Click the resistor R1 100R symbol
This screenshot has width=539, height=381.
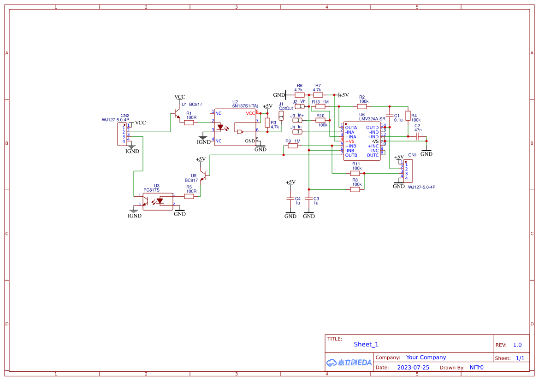pos(189,123)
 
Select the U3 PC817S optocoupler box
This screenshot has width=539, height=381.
pos(158,201)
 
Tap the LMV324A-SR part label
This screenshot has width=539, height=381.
pos(372,119)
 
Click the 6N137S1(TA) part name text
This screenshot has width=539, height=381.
pos(245,106)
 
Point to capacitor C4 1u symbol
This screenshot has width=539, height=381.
pos(290,199)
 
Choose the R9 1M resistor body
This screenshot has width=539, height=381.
pos(293,146)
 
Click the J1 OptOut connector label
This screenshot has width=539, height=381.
pos(286,108)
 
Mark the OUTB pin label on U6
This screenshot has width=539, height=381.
pos(351,155)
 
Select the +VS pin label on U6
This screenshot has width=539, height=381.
pos(350,141)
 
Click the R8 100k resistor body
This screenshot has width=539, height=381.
pos(355,189)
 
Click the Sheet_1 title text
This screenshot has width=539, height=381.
pos(366,344)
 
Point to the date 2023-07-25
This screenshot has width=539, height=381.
pos(413,368)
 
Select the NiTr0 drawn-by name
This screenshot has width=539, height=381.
pos(476,368)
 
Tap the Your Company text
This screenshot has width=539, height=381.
pos(426,358)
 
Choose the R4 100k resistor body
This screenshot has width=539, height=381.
pos(408,115)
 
